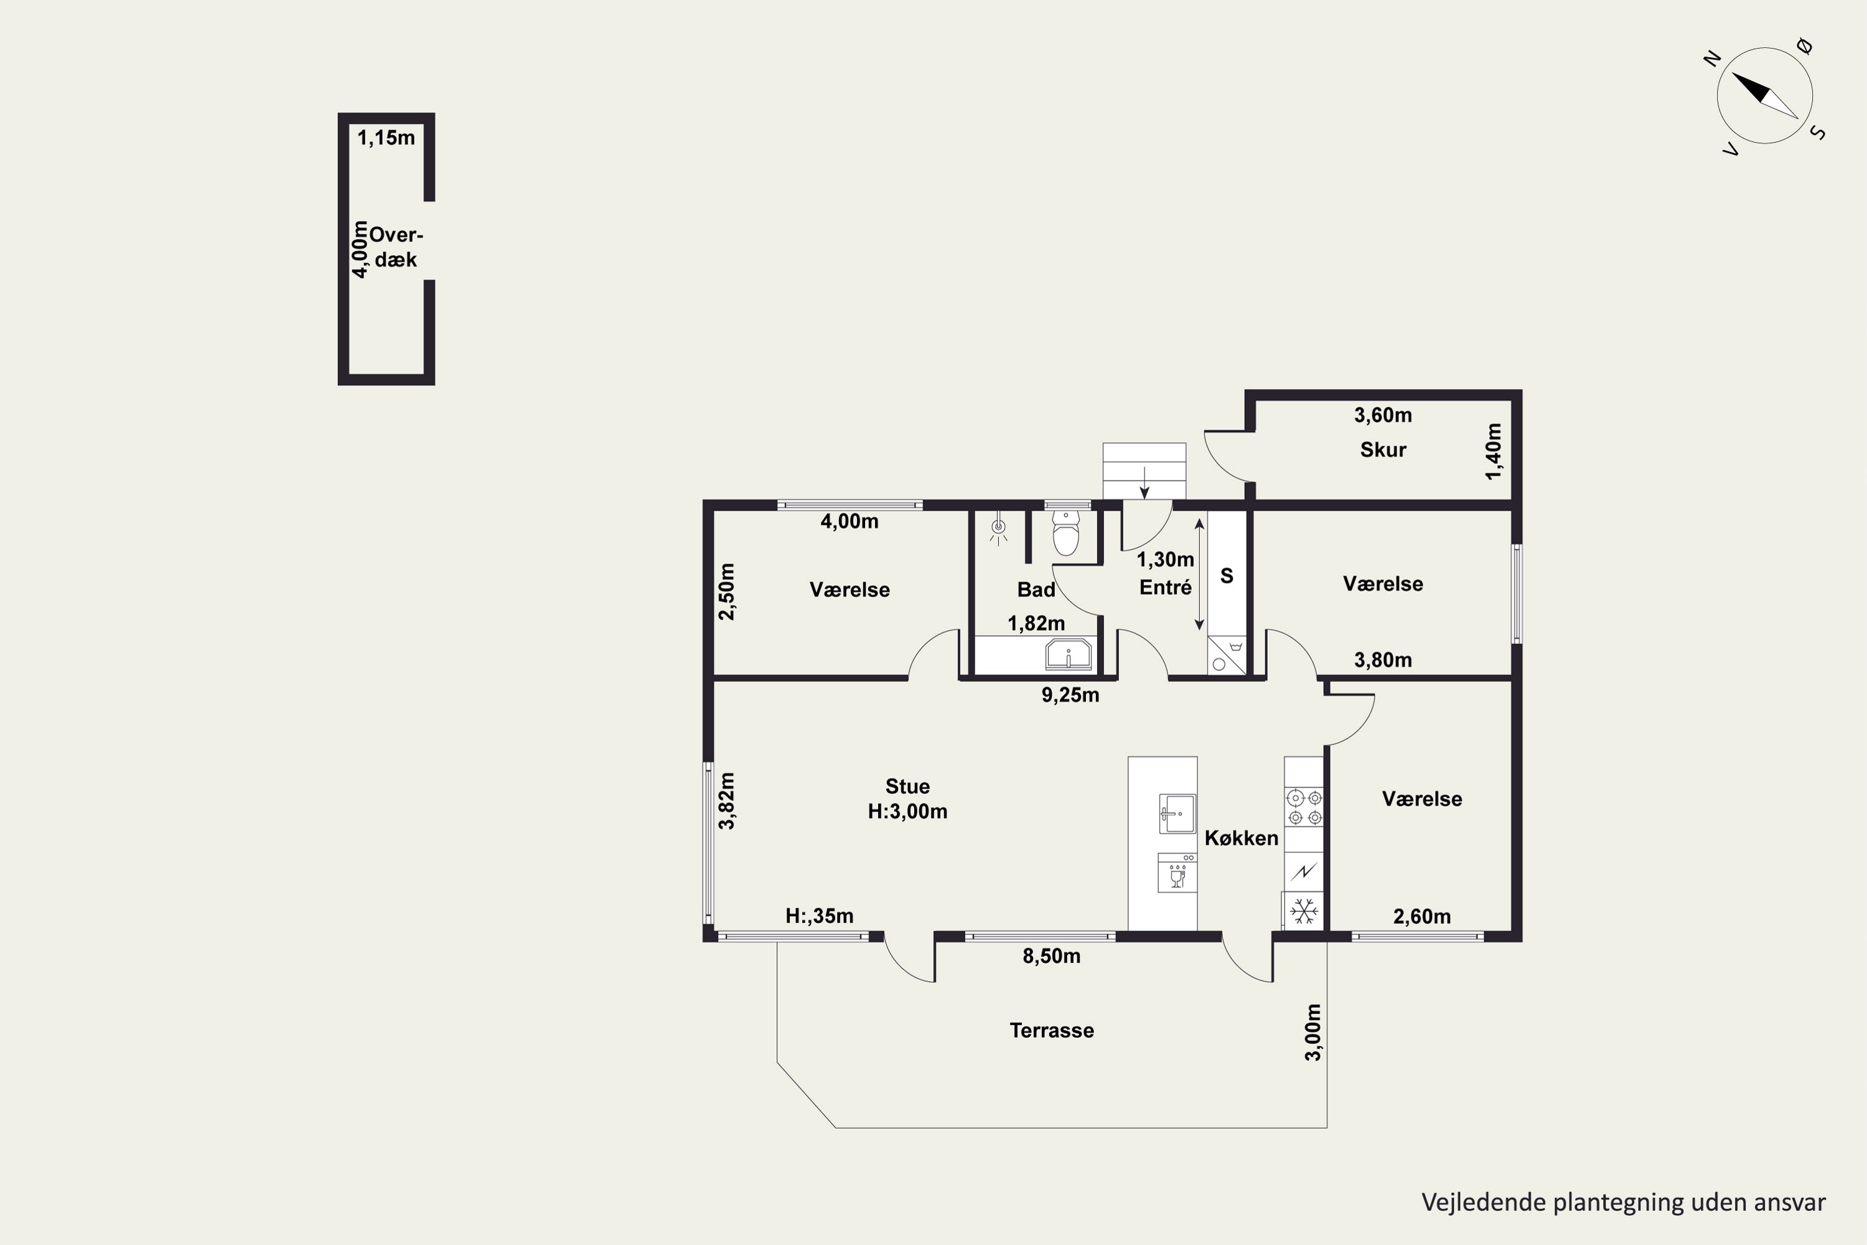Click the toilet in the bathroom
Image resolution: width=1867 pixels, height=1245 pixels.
pos(1065,533)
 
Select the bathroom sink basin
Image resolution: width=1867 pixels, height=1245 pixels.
pos(1069,655)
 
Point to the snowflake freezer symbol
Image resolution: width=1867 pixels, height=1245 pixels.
pos(1303,911)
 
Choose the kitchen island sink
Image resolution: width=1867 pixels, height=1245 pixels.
pos(1178,814)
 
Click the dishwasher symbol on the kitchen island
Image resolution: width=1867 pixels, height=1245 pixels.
pos(1178,873)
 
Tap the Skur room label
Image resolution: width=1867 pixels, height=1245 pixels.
pos(1383,449)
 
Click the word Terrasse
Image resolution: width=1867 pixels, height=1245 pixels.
pos(1052,1031)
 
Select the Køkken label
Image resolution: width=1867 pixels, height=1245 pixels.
pos(1242,838)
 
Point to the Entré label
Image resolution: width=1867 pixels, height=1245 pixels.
pos(1165,587)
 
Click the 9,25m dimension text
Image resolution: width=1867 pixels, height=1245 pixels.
pos(1070,695)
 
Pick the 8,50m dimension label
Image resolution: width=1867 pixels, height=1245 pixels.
pos(1051,956)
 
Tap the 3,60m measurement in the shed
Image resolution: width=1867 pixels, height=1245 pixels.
pos(1383,415)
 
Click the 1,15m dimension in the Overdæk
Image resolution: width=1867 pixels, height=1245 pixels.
pos(386,138)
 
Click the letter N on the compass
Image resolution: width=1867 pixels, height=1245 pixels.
pos(1712,58)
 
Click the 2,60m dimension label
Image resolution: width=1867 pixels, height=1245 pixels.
pos(1421,916)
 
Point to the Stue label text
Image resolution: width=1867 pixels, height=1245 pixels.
pos(907,786)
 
